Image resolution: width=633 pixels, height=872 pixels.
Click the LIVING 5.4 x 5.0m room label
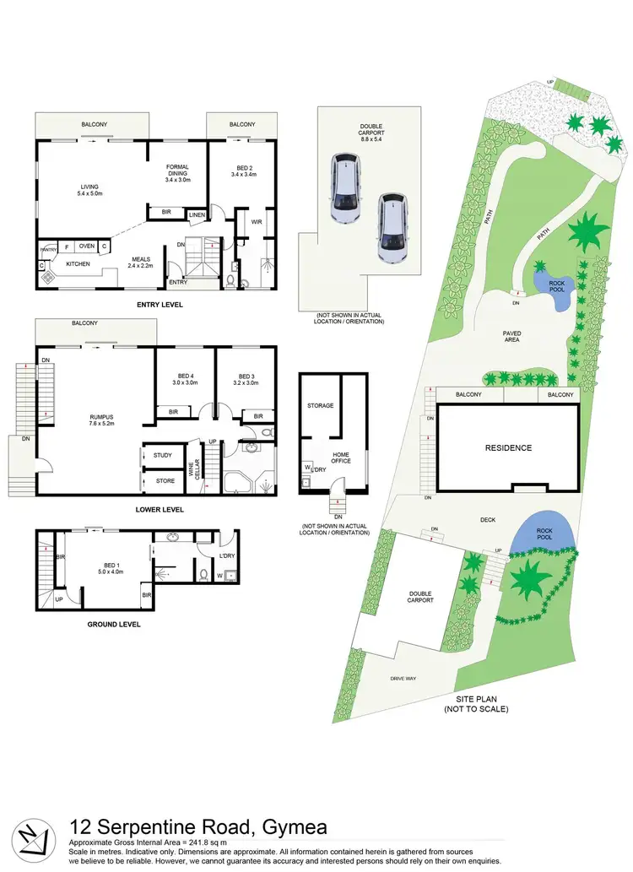pyautogui.click(x=90, y=190)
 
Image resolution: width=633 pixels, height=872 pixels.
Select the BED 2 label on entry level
pyautogui.click(x=242, y=171)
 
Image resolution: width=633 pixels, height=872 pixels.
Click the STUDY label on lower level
pyautogui.click(x=163, y=456)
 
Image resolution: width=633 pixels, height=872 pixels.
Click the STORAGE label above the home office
pyautogui.click(x=321, y=406)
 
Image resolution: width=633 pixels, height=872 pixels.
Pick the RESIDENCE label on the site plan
pyautogui.click(x=507, y=447)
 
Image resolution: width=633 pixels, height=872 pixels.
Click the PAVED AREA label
pyautogui.click(x=511, y=337)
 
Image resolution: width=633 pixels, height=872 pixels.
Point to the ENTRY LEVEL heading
pyautogui.click(x=159, y=305)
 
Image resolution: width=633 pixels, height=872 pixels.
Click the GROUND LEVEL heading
pyautogui.click(x=114, y=625)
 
